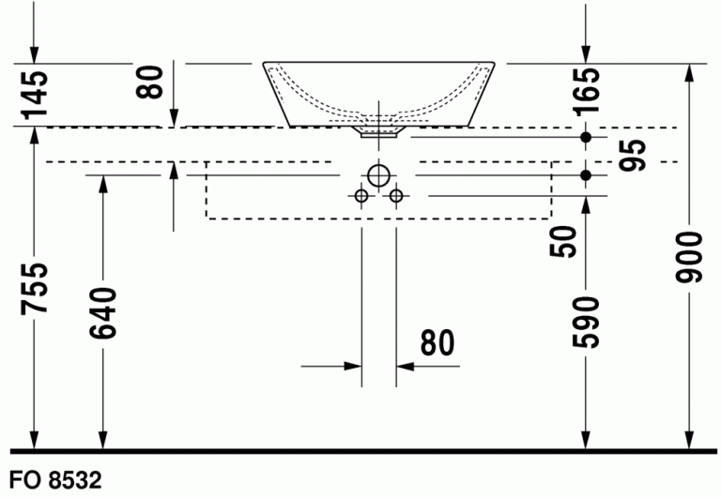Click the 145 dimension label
tap(35, 94)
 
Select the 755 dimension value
tap(35, 289)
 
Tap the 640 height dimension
tap(103, 313)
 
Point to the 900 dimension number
tap(689, 257)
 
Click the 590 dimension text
tap(586, 323)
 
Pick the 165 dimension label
tap(586, 90)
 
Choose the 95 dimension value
tap(632, 155)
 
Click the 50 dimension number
tap(563, 242)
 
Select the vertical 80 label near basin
tap(149, 83)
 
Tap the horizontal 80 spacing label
tap(437, 342)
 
